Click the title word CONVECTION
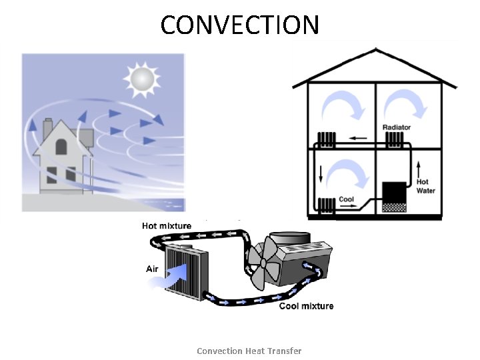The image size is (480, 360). pos(240,25)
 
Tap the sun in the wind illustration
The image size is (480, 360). pos(141,78)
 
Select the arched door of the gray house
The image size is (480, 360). pos(61,146)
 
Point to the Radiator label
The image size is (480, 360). pos(396,127)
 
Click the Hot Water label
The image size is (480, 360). pos(426,186)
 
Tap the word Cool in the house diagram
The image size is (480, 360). pos(346,199)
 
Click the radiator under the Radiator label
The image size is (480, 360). pos(395,140)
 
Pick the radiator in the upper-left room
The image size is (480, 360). pos(326,140)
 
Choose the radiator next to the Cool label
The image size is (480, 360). pos(326,207)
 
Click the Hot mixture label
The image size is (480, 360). pos(167,226)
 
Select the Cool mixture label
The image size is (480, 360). pos(306,306)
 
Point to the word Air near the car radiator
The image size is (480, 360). pos(153,269)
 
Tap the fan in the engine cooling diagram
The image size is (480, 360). pos(265,263)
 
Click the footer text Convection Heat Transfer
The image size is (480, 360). pos(249,351)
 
